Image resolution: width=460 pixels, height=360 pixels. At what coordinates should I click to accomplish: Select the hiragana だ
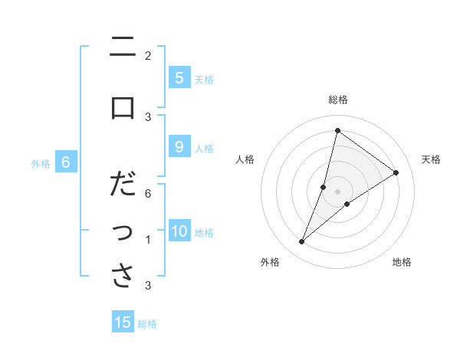tap(123, 185)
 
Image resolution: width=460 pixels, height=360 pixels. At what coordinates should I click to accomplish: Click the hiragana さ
tap(123, 275)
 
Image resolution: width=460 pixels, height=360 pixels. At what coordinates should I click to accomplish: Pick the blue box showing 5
tap(179, 78)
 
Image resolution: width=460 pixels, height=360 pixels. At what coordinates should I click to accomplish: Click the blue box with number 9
tap(179, 147)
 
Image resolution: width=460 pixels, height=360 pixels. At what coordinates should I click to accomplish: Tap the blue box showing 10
tap(179, 232)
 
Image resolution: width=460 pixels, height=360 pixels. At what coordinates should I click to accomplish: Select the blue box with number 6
tap(66, 162)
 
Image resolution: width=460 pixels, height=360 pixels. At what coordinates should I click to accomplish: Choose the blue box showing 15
tap(123, 322)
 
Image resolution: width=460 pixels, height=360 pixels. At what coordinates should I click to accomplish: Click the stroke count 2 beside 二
tap(148, 56)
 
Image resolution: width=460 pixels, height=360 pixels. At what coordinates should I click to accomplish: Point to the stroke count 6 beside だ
tap(148, 194)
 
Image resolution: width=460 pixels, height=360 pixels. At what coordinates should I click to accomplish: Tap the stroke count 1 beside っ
tap(148, 240)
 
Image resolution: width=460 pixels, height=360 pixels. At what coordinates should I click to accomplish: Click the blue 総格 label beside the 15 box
tap(147, 324)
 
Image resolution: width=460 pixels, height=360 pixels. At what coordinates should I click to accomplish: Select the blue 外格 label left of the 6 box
tap(41, 163)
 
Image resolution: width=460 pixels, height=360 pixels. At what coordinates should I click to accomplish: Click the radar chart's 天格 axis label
tap(432, 159)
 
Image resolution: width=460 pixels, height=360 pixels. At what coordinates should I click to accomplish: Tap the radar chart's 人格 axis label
tap(245, 159)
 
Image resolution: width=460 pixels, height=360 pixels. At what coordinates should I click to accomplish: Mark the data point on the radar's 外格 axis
tap(302, 242)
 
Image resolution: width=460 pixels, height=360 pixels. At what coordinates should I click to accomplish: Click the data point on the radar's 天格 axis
tap(396, 173)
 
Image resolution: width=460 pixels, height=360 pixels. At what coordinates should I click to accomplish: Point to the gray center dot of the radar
tap(338, 191)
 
